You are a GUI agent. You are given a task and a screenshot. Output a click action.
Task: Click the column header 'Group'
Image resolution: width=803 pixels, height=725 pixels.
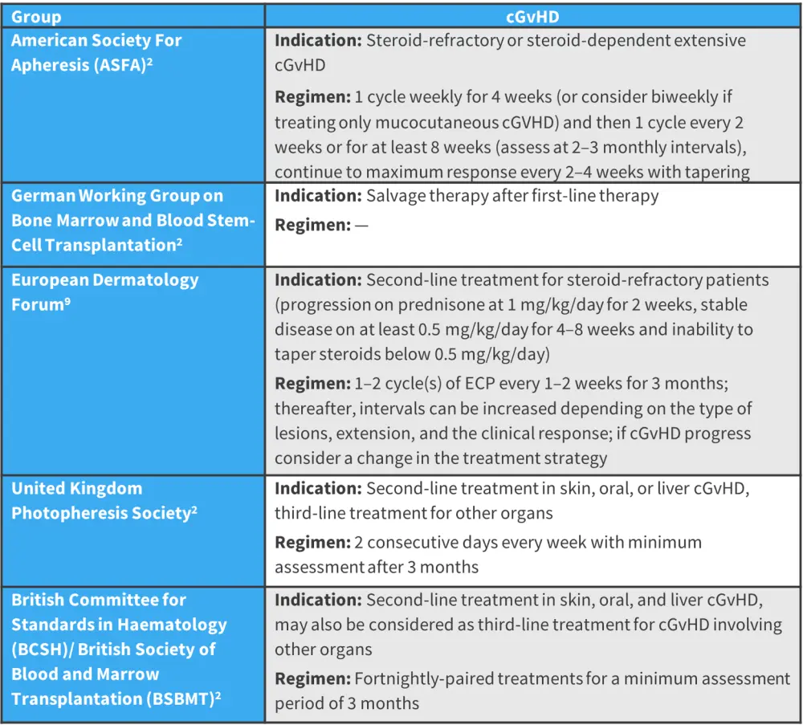(x=36, y=16)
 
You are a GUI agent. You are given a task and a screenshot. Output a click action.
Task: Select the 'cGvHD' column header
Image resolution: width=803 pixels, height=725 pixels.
(x=533, y=16)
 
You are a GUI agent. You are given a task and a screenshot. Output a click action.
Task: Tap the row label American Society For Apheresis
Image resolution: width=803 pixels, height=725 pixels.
(x=96, y=52)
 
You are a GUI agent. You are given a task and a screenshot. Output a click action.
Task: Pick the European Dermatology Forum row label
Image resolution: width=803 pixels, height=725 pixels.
(x=104, y=291)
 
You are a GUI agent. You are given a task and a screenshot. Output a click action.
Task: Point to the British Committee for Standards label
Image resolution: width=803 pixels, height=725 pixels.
(x=119, y=649)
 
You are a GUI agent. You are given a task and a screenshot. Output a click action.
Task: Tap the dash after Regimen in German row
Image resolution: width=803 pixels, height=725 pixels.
(x=361, y=226)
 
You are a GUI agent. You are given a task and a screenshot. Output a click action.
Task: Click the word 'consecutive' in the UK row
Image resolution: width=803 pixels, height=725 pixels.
(x=432, y=542)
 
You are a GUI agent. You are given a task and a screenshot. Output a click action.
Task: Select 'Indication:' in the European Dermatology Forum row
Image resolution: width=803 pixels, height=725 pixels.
(x=318, y=280)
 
